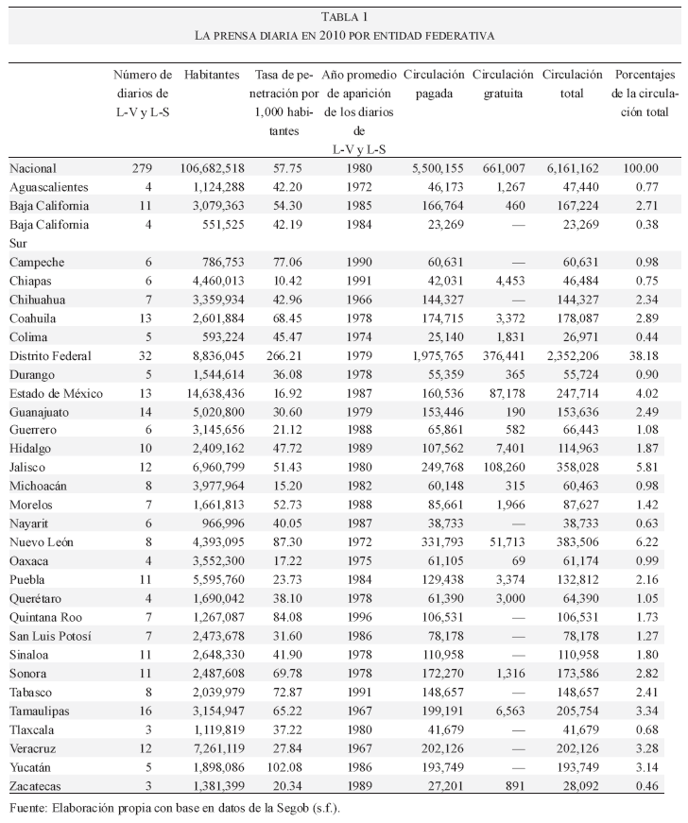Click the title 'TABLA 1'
click(x=344, y=16)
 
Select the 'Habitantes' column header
click(x=212, y=75)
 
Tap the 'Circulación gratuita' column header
click(x=503, y=84)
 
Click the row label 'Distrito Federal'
click(x=50, y=355)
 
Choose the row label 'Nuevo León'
click(x=42, y=541)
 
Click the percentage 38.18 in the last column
click(x=645, y=355)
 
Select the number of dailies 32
click(x=144, y=355)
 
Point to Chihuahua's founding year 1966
click(x=359, y=300)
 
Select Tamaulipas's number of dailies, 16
click(x=144, y=709)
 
